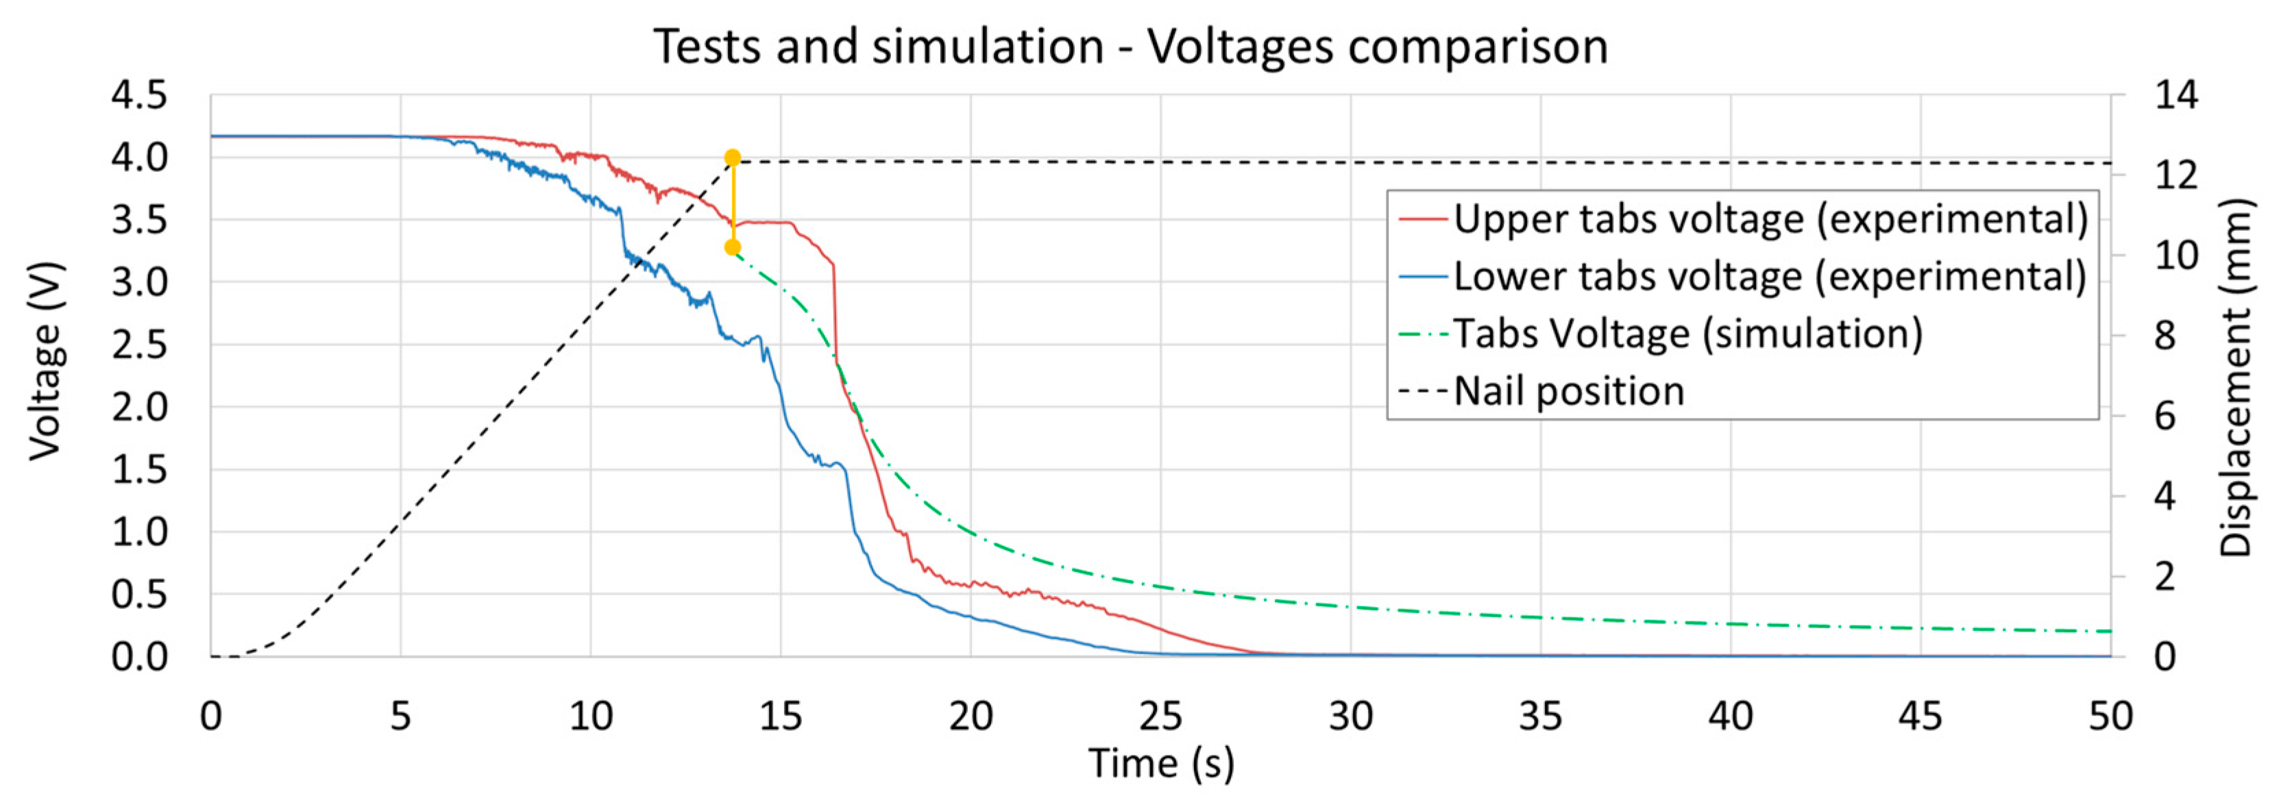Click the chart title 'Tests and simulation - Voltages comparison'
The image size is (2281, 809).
pyautogui.click(x=1131, y=46)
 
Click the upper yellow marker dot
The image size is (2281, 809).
pyautogui.click(x=732, y=158)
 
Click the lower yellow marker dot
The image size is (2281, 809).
pyautogui.click(x=732, y=248)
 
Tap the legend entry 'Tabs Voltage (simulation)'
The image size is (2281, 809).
pyautogui.click(x=1687, y=334)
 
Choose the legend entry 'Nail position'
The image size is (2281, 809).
pyautogui.click(x=1568, y=391)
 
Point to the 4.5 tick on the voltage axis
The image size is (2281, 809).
pyautogui.click(x=139, y=95)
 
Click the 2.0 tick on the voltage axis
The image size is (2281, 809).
pyautogui.click(x=139, y=407)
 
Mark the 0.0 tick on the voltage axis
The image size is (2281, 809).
pyautogui.click(x=139, y=657)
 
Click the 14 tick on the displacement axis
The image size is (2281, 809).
pyautogui.click(x=2175, y=95)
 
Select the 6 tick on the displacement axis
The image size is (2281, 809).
pyautogui.click(x=2165, y=416)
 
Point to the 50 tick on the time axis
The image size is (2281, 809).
pyautogui.click(x=2110, y=715)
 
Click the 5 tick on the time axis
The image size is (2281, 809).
pyautogui.click(x=400, y=715)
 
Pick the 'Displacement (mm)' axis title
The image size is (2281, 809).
pyautogui.click(x=2235, y=377)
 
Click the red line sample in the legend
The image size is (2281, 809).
pyautogui.click(x=1423, y=219)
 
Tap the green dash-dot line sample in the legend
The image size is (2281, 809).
pyautogui.click(x=1423, y=334)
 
